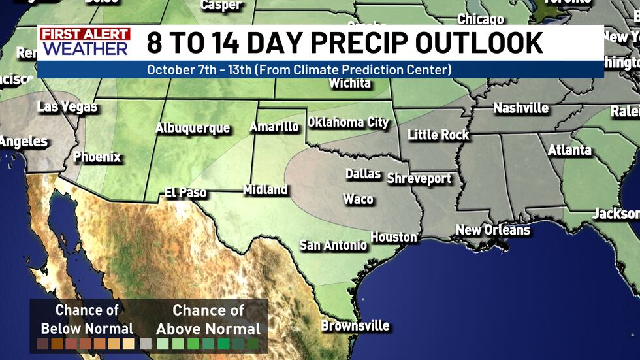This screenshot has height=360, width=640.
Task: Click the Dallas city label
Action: click(362, 174)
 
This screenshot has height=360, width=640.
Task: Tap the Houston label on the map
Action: click(394, 237)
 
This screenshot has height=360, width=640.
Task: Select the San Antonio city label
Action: click(333, 246)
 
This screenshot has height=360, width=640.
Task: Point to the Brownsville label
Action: click(355, 325)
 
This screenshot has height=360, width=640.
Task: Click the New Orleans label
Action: click(492, 230)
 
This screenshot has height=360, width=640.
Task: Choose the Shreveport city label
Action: click(419, 178)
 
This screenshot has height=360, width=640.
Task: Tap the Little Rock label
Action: click(438, 135)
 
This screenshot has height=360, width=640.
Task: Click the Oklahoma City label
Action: click(347, 122)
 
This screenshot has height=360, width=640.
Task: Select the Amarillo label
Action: click(274, 127)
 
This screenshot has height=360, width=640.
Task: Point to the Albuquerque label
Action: click(193, 128)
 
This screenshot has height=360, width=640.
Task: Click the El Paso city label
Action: click(185, 193)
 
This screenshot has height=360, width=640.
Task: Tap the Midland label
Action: click(265, 190)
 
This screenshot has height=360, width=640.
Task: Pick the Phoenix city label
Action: click(97, 157)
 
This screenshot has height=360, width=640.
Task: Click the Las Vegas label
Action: click(67, 106)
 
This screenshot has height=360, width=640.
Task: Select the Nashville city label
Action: click(520, 108)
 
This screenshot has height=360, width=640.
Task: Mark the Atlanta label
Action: click(569, 150)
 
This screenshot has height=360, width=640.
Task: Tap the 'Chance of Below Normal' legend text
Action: click(87, 319)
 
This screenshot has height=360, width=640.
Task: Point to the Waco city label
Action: click(358, 199)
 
